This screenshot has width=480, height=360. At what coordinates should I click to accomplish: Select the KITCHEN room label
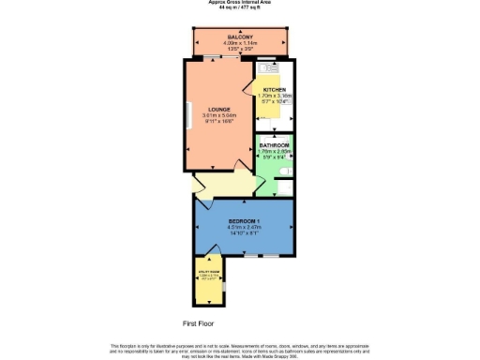point(276,88)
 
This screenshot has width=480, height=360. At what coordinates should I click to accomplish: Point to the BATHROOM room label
point(275,145)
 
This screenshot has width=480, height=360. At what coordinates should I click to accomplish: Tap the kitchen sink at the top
point(268,67)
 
